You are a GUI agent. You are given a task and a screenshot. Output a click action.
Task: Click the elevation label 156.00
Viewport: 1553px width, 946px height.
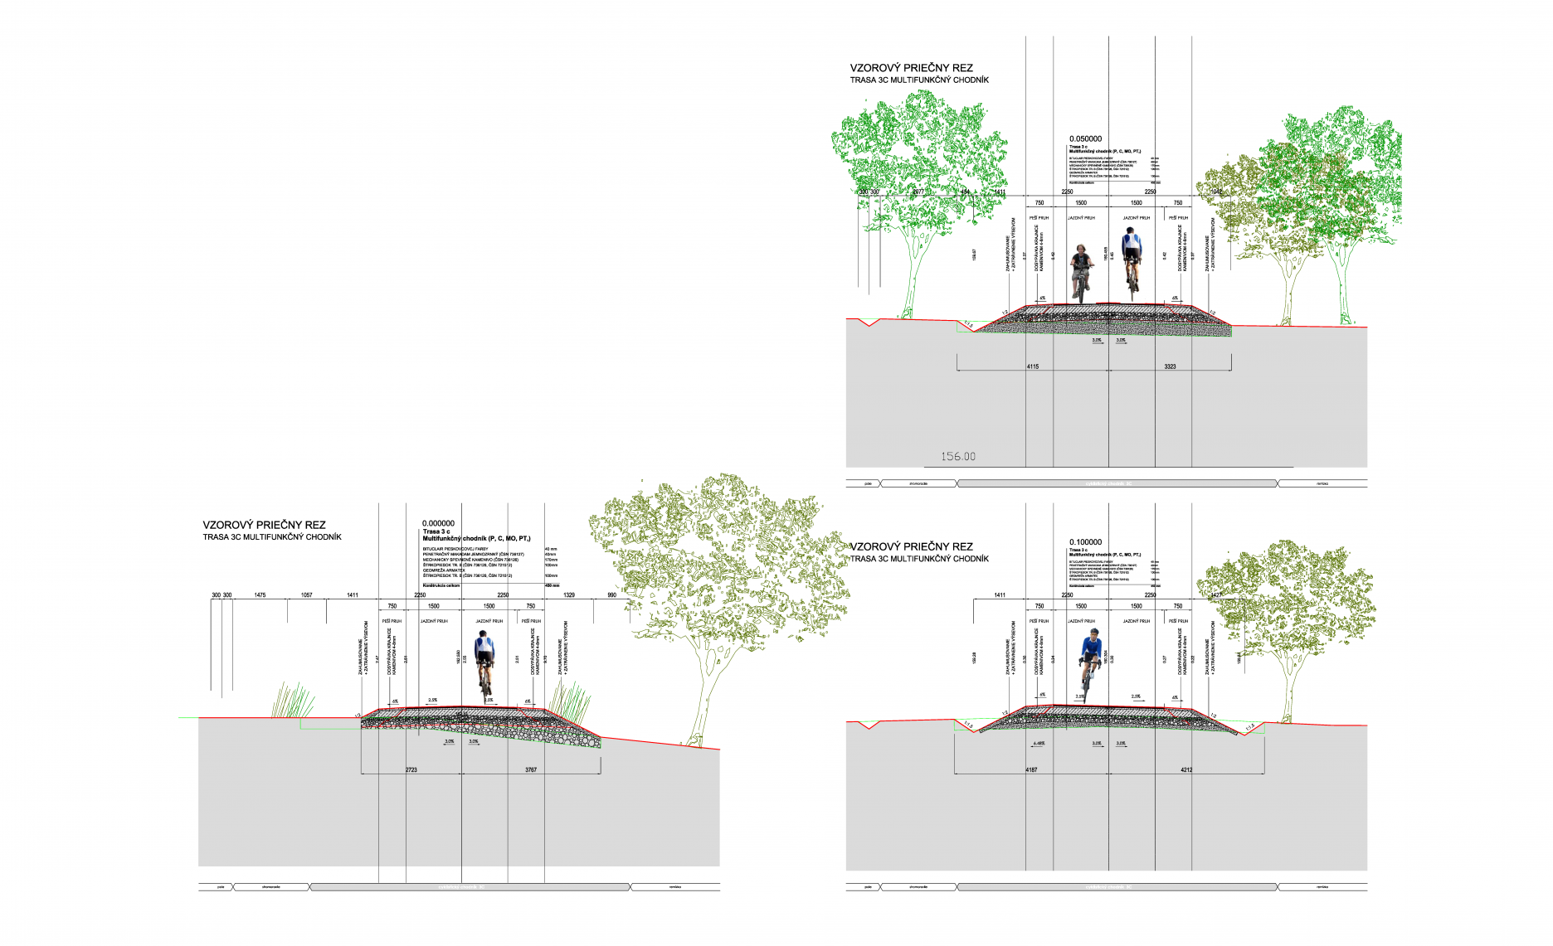[958, 457]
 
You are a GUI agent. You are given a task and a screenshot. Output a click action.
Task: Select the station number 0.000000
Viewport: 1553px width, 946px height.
[438, 523]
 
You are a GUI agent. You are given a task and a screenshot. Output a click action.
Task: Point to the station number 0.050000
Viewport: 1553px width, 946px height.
[1085, 139]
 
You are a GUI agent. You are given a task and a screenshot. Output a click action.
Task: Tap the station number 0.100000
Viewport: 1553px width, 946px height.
[1085, 542]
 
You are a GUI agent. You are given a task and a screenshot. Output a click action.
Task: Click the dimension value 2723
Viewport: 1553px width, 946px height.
[411, 770]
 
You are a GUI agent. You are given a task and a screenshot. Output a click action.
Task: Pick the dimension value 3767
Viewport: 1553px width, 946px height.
[531, 770]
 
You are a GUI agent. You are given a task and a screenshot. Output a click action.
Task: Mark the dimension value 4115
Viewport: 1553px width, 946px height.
[1032, 366]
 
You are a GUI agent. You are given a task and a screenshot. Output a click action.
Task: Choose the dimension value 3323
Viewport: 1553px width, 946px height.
[1170, 366]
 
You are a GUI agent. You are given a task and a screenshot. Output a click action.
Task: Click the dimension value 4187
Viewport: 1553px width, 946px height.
[1031, 770]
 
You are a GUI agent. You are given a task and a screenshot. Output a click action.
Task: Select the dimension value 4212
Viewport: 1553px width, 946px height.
[1186, 770]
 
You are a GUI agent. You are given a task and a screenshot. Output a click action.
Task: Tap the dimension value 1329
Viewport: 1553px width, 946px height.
[569, 595]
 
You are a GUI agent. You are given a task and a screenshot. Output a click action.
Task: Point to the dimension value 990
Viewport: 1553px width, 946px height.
[611, 595]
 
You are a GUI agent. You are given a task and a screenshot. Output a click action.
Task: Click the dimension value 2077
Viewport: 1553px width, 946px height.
[918, 192]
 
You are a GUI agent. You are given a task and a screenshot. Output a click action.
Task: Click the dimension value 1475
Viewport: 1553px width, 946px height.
[260, 595]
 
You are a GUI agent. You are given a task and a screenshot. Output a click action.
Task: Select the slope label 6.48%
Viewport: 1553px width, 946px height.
[1039, 744]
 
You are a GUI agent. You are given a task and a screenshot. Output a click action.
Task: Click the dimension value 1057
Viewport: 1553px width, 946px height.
[306, 595]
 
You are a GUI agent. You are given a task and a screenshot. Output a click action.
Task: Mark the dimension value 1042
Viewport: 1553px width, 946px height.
[1216, 192]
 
